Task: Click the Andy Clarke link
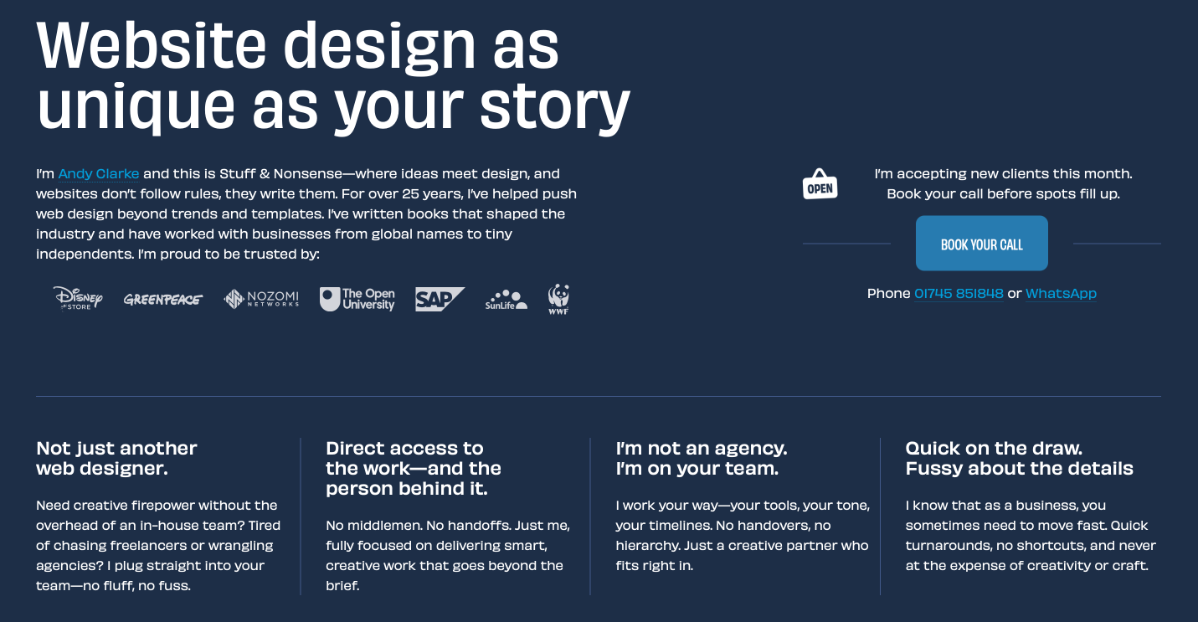click(99, 174)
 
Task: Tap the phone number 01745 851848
click(959, 294)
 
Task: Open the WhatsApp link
click(1061, 294)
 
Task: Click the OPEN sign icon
click(820, 184)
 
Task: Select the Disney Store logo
click(78, 298)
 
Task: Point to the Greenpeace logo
click(163, 300)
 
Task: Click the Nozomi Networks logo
click(261, 298)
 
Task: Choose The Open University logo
click(357, 299)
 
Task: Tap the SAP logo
click(440, 299)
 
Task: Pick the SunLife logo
click(506, 300)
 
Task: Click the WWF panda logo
click(558, 299)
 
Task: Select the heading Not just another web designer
click(116, 459)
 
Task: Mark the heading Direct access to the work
click(414, 469)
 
